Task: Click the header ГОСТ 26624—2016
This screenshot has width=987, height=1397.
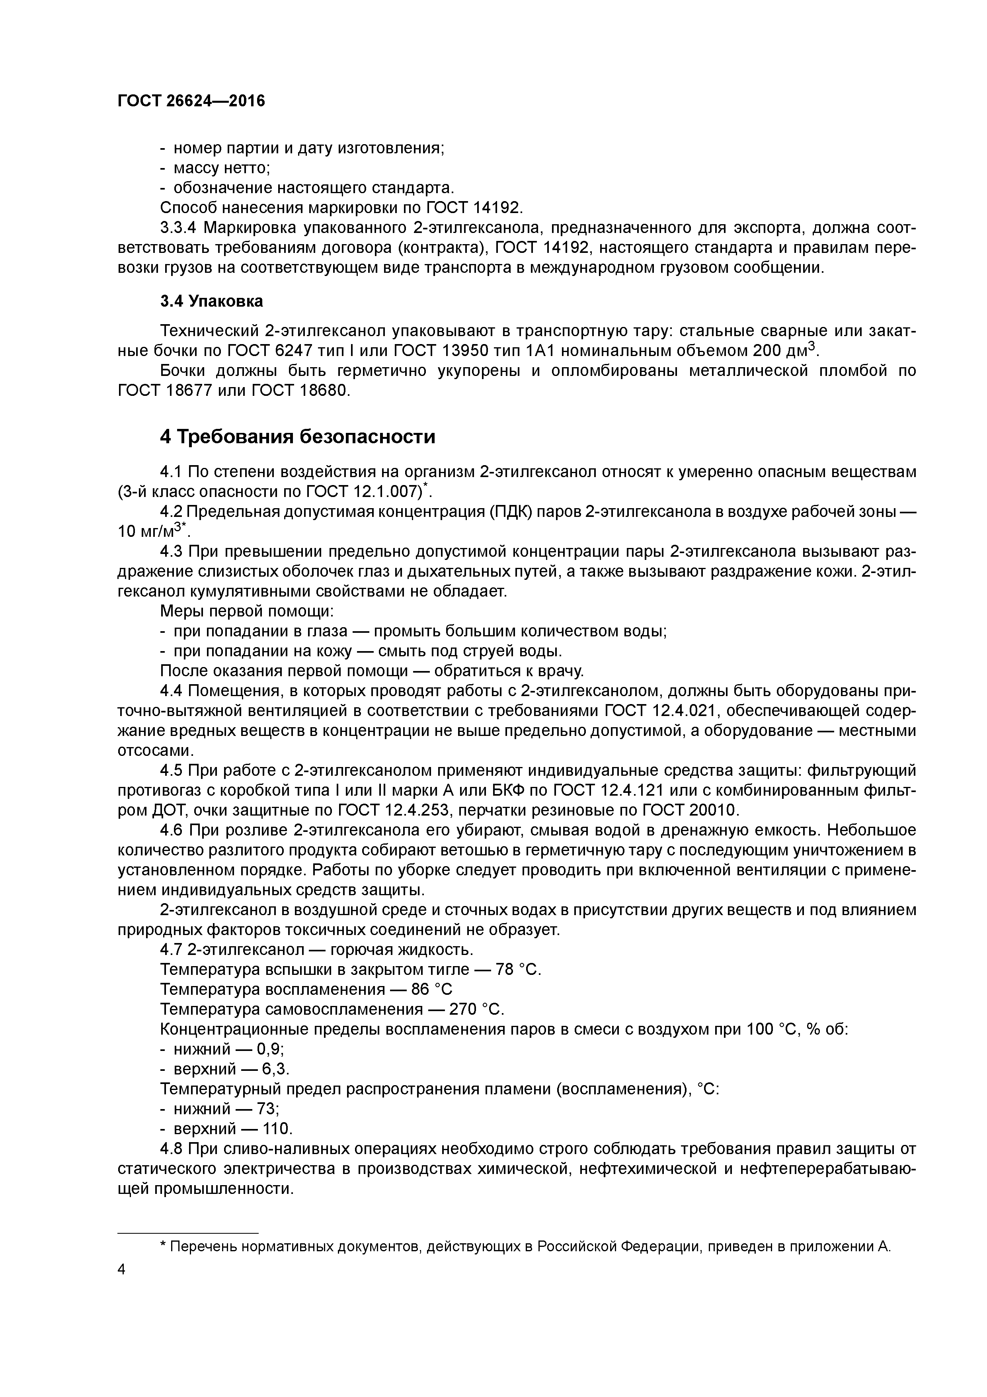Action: (x=191, y=101)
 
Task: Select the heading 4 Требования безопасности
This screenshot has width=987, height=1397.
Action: (x=298, y=437)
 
